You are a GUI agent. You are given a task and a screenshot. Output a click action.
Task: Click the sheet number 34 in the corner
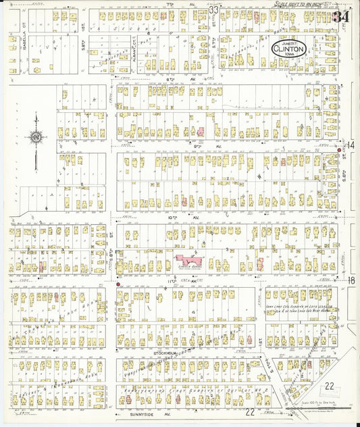click(x=342, y=15)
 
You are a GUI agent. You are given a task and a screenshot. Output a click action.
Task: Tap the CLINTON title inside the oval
click(x=290, y=49)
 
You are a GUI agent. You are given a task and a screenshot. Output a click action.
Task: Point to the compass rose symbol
click(x=34, y=137)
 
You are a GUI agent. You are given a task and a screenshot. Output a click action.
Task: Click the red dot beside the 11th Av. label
click(x=118, y=284)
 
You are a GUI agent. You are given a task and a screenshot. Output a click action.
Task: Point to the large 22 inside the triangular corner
click(x=329, y=386)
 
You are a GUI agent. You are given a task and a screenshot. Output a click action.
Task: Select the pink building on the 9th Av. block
click(x=201, y=130)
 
